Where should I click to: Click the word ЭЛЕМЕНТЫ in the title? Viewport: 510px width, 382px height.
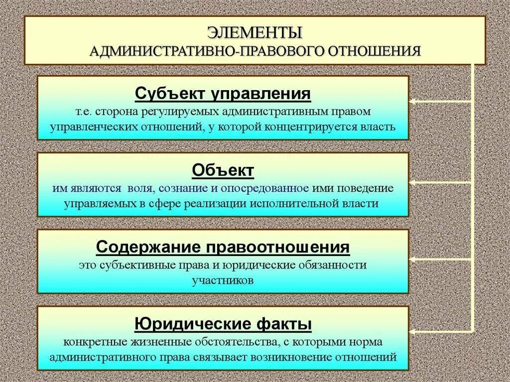click(255, 33)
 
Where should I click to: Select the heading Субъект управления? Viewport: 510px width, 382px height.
click(223, 94)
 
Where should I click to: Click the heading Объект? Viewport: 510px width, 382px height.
click(223, 171)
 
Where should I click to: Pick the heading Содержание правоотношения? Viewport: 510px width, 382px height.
click(223, 247)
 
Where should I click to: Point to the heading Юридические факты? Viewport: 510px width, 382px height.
click(223, 325)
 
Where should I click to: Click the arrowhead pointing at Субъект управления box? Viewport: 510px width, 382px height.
click(414, 102)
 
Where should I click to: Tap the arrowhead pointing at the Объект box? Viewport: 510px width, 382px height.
click(414, 182)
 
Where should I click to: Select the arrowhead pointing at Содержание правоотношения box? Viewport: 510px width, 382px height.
click(414, 259)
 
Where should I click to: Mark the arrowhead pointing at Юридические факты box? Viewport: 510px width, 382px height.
click(414, 331)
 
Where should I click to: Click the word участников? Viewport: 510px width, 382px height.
click(223, 280)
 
